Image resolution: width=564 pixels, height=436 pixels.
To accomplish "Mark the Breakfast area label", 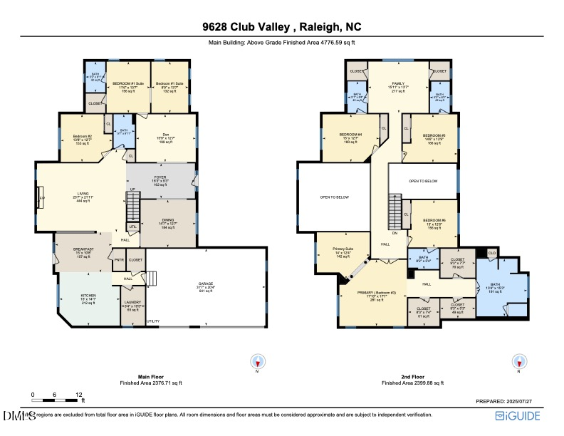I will click(83, 250).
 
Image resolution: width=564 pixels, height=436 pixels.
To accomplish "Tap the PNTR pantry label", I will click(119, 260).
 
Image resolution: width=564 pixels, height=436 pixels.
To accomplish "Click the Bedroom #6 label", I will click(434, 222).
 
